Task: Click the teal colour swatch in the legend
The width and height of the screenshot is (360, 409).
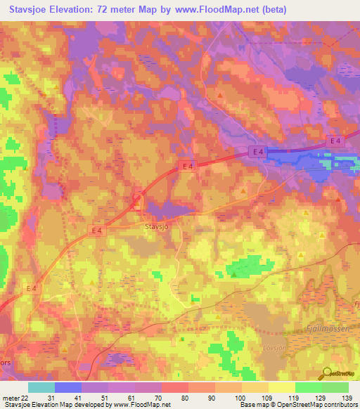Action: tap(41, 387)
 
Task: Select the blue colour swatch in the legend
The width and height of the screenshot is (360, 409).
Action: tap(67, 387)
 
